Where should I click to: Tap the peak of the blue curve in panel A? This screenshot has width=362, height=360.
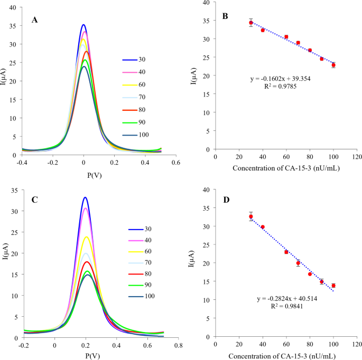click(x=83, y=24)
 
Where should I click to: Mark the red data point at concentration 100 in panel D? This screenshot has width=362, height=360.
click(x=333, y=286)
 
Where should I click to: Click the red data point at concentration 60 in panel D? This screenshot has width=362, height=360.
click(x=286, y=252)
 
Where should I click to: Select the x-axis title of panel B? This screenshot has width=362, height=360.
click(x=286, y=168)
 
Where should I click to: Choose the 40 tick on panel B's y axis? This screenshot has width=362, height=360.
click(x=207, y=3)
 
